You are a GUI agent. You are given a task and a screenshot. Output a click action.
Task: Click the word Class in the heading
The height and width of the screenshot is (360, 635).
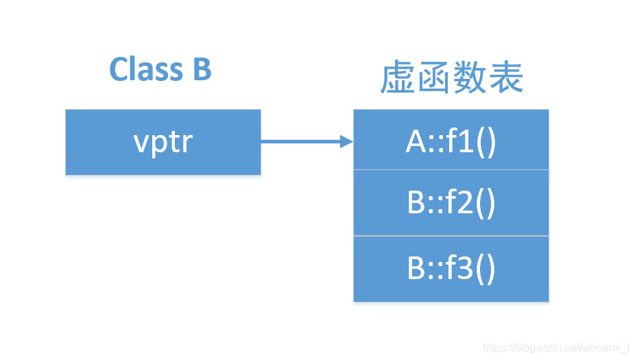click(145, 69)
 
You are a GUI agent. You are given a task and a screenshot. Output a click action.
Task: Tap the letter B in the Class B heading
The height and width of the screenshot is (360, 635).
click(201, 69)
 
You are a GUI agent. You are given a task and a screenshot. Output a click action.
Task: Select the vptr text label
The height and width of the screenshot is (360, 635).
click(163, 142)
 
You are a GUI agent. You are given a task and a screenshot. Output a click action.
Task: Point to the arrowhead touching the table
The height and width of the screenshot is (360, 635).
click(347, 142)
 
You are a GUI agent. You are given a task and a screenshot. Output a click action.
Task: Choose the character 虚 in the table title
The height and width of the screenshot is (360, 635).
click(398, 78)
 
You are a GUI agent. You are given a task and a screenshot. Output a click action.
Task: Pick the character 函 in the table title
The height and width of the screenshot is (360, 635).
click(434, 78)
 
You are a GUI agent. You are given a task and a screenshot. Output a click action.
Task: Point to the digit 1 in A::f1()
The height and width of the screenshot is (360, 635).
click(469, 142)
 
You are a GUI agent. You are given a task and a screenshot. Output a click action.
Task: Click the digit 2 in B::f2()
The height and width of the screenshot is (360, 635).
click(469, 204)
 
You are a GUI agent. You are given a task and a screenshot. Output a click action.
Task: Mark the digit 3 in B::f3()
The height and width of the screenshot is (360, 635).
click(469, 268)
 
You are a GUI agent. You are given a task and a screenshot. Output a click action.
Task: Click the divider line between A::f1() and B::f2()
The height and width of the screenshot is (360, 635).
click(451, 169)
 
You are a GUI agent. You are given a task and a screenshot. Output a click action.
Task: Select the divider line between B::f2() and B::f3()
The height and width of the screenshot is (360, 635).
click(451, 236)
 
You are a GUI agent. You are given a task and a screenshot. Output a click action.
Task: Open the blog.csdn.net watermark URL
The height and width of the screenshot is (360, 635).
click(556, 348)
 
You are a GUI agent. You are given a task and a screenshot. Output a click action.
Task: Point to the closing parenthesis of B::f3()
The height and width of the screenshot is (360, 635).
click(490, 268)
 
